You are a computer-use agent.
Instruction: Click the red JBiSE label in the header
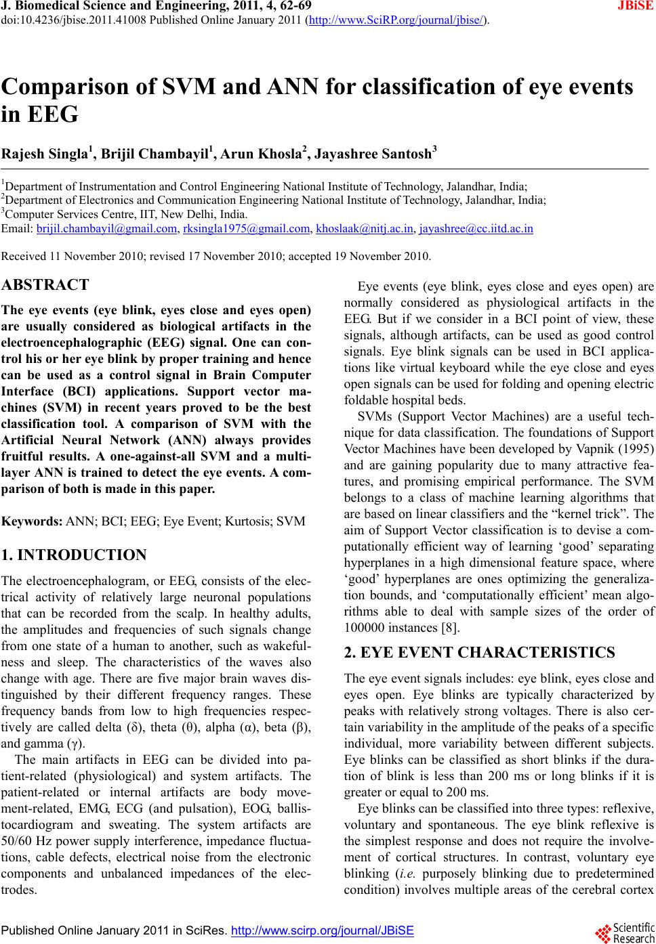tap(635, 7)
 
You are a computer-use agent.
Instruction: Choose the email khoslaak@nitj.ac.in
tap(365, 230)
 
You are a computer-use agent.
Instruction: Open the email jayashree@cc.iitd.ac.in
tap(476, 230)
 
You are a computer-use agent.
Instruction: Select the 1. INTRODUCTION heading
tap(75, 556)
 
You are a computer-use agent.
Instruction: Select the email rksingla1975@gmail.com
tap(245, 230)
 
